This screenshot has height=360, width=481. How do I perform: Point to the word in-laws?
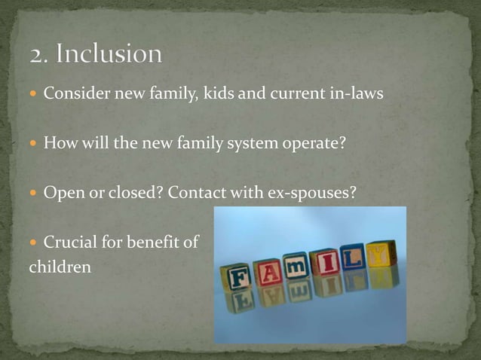[360, 93]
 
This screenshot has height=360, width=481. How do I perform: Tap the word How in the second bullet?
[58, 142]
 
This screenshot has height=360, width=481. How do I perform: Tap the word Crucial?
[72, 242]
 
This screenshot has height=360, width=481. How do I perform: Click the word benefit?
[157, 242]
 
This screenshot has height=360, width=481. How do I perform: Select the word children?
[60, 267]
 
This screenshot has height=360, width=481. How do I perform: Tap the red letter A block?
[268, 272]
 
